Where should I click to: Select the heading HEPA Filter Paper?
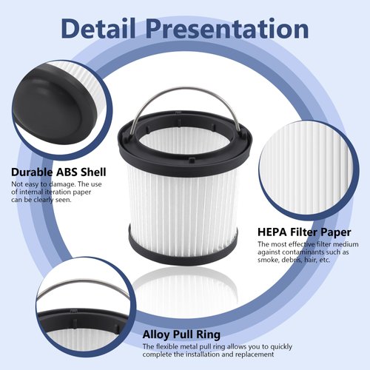304,232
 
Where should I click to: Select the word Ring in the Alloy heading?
206,334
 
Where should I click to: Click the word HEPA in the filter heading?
273,232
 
